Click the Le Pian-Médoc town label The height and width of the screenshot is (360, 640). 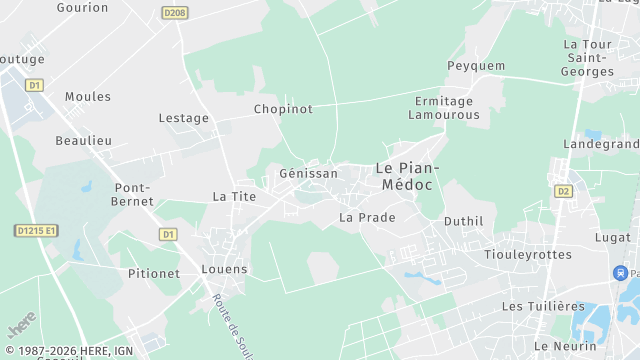(409, 176)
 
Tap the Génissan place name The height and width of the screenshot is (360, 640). (308, 173)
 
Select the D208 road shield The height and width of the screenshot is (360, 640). (174, 12)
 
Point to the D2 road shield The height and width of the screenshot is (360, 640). (562, 190)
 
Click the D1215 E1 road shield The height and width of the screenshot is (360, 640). (37, 230)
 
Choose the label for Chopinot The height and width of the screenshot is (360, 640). (283, 109)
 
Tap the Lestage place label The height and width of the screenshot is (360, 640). (184, 118)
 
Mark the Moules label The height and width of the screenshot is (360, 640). (87, 97)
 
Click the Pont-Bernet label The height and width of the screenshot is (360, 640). (133, 194)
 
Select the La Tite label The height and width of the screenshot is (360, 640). (235, 197)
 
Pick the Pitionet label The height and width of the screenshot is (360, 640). (154, 273)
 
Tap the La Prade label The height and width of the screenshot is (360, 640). (367, 217)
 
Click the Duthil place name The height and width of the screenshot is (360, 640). (463, 221)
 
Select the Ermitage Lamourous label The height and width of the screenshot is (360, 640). (447, 108)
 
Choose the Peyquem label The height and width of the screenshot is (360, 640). (475, 66)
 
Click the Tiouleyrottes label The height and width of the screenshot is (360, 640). (527, 255)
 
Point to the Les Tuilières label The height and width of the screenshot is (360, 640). (543, 306)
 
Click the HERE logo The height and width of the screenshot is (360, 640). (21, 327)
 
